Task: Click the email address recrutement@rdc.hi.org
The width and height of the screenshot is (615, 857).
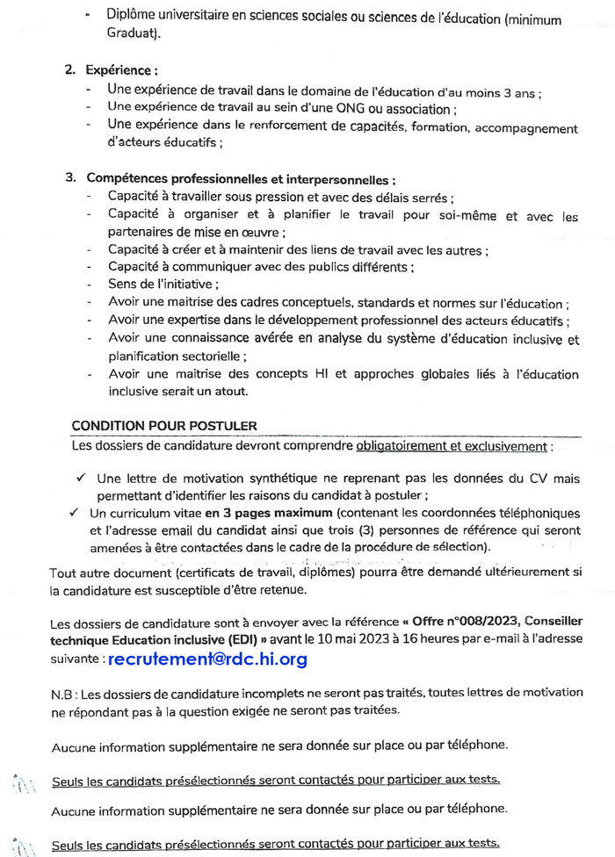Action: [x=207, y=659]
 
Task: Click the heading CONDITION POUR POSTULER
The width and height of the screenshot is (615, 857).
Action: [x=163, y=427]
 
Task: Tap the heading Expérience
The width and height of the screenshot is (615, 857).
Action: [x=122, y=69]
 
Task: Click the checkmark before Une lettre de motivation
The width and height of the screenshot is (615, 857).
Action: [x=80, y=479]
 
